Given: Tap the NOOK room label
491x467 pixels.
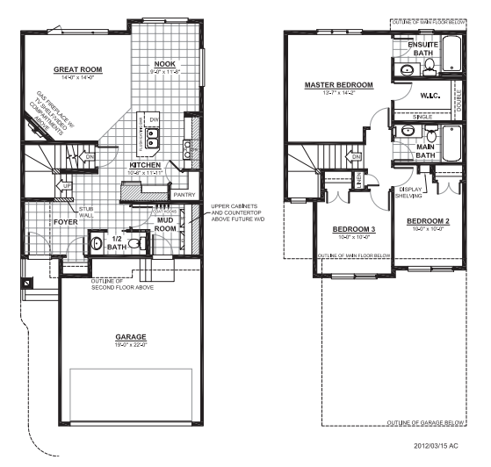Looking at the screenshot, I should [x=164, y=64].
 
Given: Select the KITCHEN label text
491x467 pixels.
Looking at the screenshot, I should [x=144, y=164].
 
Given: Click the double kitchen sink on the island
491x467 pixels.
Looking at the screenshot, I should [x=151, y=136].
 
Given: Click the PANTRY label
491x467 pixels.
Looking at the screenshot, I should [x=184, y=195].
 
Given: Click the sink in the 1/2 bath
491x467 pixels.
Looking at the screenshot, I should [x=97, y=241].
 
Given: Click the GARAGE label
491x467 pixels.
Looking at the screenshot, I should [x=132, y=336].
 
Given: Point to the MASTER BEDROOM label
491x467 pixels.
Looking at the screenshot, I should [x=338, y=84].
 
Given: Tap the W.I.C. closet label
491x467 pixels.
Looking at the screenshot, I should [x=430, y=97].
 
